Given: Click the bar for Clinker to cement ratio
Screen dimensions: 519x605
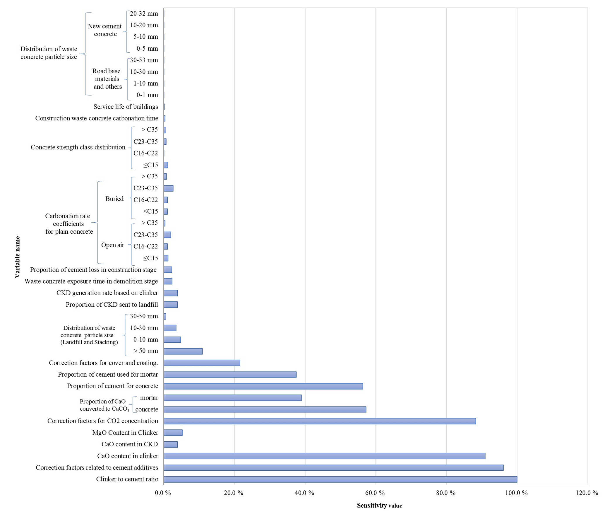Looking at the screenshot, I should (340, 479).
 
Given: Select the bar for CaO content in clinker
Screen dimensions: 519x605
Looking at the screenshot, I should (324, 456).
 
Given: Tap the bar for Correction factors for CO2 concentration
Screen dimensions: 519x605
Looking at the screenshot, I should (320, 421).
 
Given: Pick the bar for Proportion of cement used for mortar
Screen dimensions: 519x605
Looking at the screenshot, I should (230, 375).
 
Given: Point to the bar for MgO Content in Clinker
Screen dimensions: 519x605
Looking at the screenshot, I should (173, 433).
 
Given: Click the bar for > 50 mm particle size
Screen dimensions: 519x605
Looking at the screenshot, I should (183, 351).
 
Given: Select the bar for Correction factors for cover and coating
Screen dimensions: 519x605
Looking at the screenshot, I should (202, 363).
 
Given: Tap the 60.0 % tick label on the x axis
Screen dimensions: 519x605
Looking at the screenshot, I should (376, 493).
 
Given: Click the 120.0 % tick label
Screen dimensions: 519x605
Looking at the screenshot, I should (587, 493).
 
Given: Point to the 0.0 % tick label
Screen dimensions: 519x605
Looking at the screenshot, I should (163, 493).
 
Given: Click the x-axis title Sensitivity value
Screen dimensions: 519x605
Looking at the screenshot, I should (379, 506).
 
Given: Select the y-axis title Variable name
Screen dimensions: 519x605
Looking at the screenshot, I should (17, 257).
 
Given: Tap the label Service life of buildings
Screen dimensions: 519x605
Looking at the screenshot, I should (126, 107).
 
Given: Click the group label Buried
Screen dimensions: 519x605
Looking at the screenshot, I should (114, 199).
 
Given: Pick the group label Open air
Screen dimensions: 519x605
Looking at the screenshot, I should (113, 245).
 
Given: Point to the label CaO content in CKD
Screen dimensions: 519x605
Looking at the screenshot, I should (130, 444).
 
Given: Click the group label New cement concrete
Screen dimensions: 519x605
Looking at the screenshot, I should (105, 30).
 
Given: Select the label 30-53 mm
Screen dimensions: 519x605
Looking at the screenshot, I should (144, 60).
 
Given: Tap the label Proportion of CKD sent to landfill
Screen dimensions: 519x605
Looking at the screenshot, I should (112, 305).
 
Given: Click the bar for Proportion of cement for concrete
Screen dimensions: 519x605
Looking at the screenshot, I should (263, 386).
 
